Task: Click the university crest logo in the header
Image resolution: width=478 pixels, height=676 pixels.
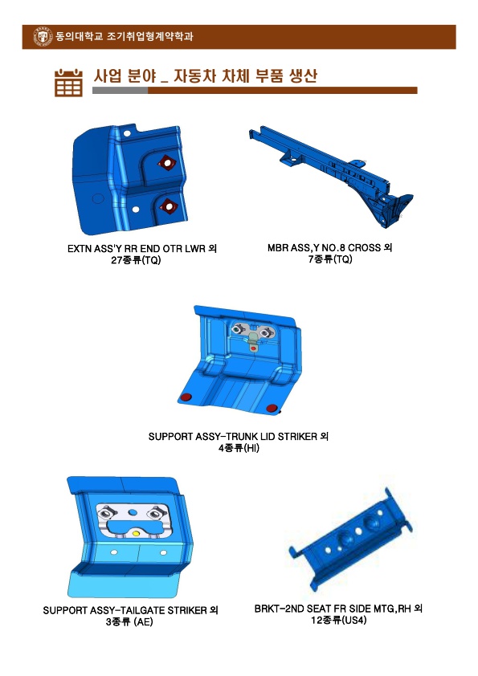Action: point(43,37)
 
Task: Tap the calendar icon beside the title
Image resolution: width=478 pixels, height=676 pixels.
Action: point(68,83)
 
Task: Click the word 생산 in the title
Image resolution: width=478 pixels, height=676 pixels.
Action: point(304,75)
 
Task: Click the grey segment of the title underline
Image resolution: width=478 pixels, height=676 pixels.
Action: point(120,91)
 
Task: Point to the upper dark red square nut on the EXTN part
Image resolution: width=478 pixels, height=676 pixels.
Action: point(166,163)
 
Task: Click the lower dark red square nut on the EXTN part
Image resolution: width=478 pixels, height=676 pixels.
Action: point(168,206)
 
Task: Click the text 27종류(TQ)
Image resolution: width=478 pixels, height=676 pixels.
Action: point(136,260)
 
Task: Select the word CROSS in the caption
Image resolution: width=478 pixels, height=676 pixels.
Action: point(365,248)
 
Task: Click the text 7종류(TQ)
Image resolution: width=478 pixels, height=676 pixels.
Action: point(330,259)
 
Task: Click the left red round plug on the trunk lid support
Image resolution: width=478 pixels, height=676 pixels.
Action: point(186,397)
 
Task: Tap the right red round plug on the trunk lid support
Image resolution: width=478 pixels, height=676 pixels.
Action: point(272,408)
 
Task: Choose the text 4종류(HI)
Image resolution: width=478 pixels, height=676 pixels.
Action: point(239,448)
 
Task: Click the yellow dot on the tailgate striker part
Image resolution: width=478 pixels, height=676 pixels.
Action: point(136,533)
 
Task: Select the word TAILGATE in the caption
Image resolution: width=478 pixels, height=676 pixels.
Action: point(142,610)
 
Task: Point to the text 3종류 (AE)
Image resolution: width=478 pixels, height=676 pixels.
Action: point(129,621)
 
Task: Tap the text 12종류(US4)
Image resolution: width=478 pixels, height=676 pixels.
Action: point(339,620)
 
